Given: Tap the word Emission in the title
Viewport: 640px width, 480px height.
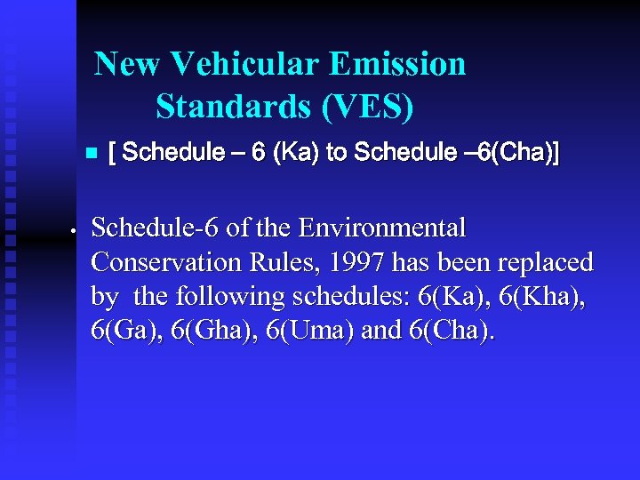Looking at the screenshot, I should (x=396, y=64).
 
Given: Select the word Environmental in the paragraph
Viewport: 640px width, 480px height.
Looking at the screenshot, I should (x=382, y=228).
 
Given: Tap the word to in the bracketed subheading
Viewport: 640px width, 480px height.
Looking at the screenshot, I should (x=337, y=153).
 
